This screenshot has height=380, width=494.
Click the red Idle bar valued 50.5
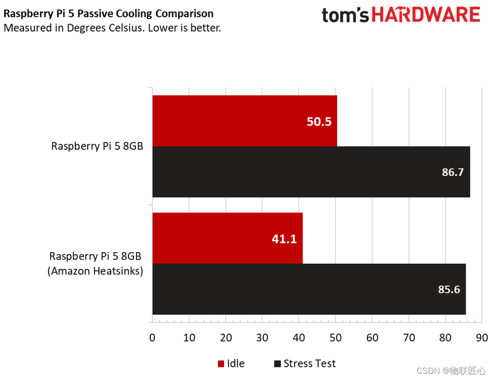pos(244,121)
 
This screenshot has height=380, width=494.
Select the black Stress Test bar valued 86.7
pos(311,172)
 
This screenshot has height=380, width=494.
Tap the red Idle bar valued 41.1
pos(227,238)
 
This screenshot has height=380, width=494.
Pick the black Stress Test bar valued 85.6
pos(309,289)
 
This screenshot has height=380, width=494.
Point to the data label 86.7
pos(453,172)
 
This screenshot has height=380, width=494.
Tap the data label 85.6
pos(449,289)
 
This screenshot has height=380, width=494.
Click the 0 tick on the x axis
pos(152,337)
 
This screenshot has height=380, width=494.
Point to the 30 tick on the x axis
pos(262,337)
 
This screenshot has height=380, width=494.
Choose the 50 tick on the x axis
pos(336,337)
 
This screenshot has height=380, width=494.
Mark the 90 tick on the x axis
pos(482,337)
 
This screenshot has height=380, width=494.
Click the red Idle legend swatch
pos(221,364)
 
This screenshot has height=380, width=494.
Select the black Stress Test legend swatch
pos(277,364)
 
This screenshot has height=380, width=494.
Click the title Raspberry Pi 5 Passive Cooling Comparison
pos(108,14)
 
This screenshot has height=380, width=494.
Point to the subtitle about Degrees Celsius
pos(112,28)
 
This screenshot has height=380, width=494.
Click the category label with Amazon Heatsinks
pos(96,264)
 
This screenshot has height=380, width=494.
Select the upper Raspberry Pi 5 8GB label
pos(97,146)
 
